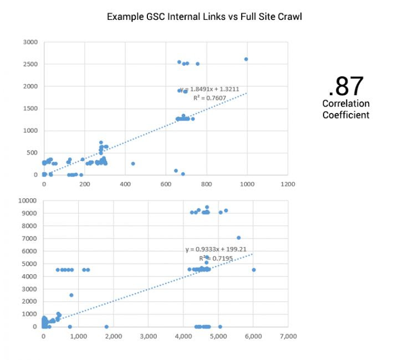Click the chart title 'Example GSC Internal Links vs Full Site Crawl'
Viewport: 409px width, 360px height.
204,17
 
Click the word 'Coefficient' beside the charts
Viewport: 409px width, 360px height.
346,115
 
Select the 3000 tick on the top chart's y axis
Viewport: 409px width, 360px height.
30,42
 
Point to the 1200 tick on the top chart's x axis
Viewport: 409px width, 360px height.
288,184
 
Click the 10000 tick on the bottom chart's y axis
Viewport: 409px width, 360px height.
28,200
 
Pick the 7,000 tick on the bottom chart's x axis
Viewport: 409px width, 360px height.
288,336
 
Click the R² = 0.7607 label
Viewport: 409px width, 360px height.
207,98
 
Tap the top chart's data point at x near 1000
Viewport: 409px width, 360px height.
247,59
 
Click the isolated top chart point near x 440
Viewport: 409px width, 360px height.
133,163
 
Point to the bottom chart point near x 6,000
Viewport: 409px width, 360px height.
254,270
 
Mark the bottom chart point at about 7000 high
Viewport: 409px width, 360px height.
239,238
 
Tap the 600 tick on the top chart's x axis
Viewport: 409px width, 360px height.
166,184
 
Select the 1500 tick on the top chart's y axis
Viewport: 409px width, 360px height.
30,109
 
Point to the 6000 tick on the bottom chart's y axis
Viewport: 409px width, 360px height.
30,251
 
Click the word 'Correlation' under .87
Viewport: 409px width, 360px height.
346,104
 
